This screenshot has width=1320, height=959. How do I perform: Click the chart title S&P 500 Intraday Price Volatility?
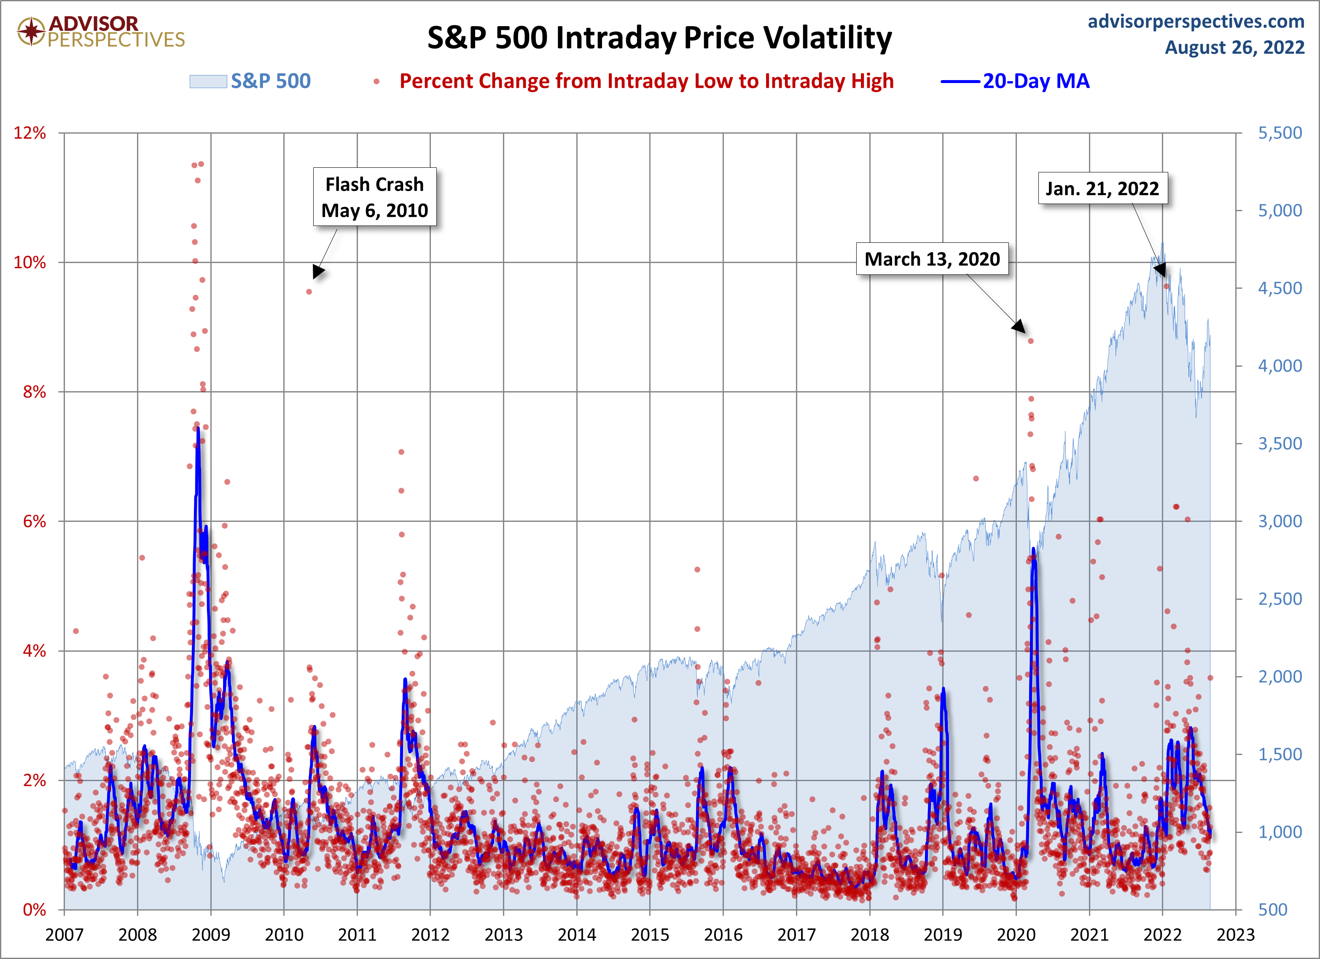pos(659,38)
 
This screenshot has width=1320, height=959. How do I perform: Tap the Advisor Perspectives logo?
pos(101,32)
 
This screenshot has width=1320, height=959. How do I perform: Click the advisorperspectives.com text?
pos(1196,21)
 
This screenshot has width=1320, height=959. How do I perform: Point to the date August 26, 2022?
pos(1234,47)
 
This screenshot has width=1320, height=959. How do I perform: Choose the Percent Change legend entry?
pos(646,81)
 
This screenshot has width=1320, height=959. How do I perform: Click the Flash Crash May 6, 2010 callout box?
pos(375,197)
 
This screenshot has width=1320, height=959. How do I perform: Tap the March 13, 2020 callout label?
pos(932,259)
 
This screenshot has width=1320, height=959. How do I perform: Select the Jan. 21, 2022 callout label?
pos(1102,188)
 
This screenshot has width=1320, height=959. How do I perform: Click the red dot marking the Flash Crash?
pos(309,292)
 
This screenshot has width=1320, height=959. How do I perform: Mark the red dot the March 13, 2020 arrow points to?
pos(1031,341)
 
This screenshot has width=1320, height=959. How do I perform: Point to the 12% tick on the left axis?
pos(30,133)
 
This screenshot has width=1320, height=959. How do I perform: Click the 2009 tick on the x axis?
pos(211,935)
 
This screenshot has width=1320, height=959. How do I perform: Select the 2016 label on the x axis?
pos(723,935)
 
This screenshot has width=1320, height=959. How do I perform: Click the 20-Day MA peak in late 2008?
pos(198,429)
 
